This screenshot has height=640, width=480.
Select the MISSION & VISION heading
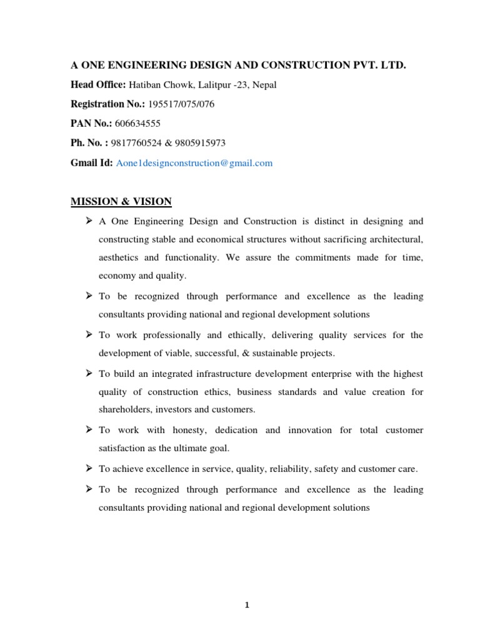point(121,201)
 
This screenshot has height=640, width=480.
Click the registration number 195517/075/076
point(177,104)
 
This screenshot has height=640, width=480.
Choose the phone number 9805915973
point(200,143)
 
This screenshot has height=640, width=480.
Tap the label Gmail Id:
point(92,163)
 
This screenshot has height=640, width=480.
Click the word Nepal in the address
point(262,85)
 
